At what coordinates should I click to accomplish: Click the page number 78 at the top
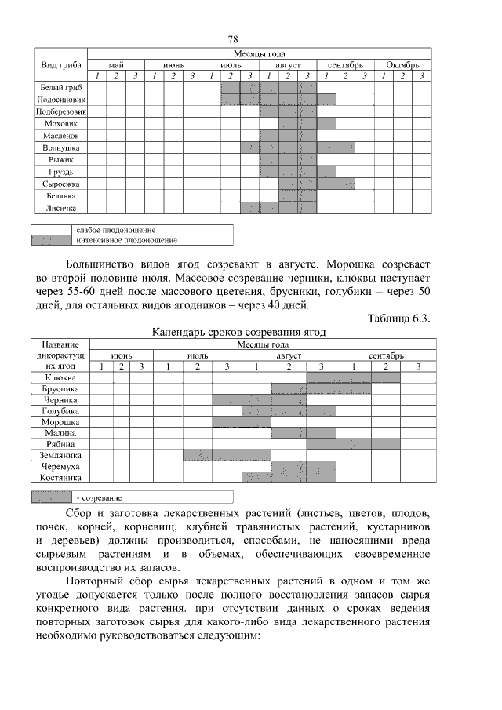click(x=232, y=39)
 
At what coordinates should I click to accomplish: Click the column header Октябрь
click(x=402, y=64)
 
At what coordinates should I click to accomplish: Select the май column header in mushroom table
click(x=116, y=64)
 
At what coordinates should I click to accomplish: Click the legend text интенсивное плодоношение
click(x=126, y=240)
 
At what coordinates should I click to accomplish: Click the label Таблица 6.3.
click(x=398, y=318)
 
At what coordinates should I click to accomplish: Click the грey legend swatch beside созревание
click(x=52, y=497)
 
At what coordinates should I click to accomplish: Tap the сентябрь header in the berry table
click(x=385, y=355)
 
